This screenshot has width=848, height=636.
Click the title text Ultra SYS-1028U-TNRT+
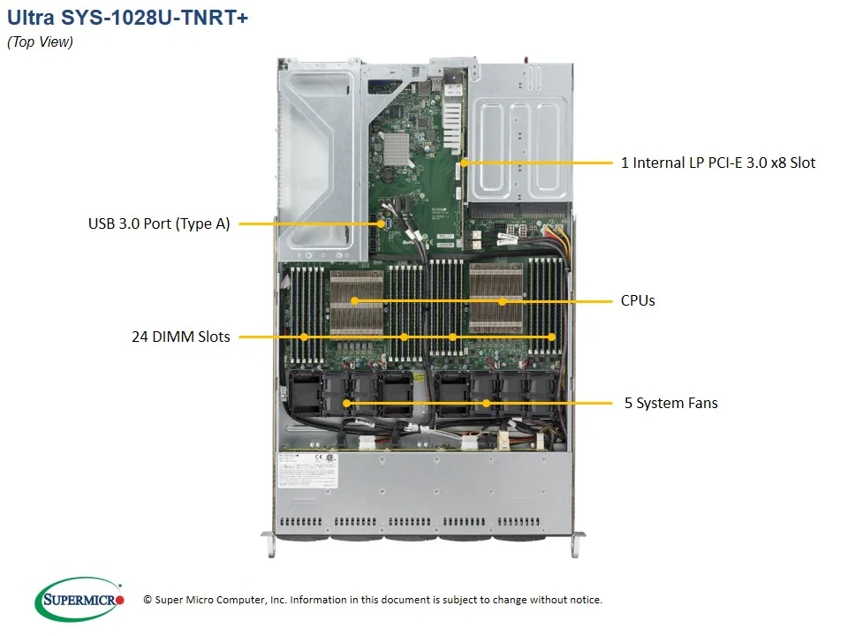[x=127, y=18]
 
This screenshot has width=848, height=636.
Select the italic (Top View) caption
[x=40, y=42]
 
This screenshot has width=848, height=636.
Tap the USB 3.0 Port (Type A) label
[x=159, y=224]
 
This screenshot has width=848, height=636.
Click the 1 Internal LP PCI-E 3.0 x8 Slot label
[x=718, y=163]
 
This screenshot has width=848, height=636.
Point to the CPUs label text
[x=638, y=301]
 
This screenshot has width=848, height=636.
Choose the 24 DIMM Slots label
[x=180, y=337]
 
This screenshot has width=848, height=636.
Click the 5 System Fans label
[x=670, y=404]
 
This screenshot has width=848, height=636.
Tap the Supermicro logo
[x=79, y=600]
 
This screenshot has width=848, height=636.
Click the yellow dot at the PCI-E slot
[x=463, y=163]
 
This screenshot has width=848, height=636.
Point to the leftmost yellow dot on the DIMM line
[x=304, y=337]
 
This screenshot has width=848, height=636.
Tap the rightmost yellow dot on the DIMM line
[x=552, y=337]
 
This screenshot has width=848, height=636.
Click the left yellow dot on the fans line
[x=346, y=404]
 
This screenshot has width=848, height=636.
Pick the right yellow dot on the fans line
[x=486, y=404]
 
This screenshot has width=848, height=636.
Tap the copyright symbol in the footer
[x=148, y=601]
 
